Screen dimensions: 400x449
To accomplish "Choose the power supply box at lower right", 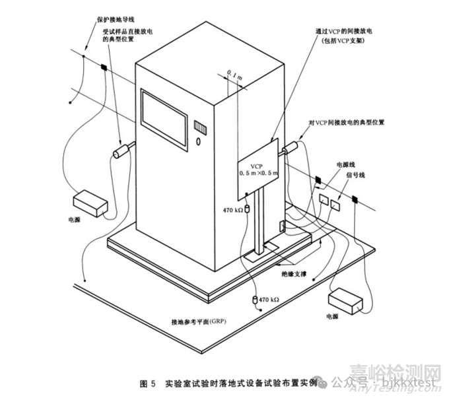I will pyautogui.click(x=346, y=303).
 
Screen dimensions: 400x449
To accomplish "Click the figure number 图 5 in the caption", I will pyautogui.click(x=148, y=383).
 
